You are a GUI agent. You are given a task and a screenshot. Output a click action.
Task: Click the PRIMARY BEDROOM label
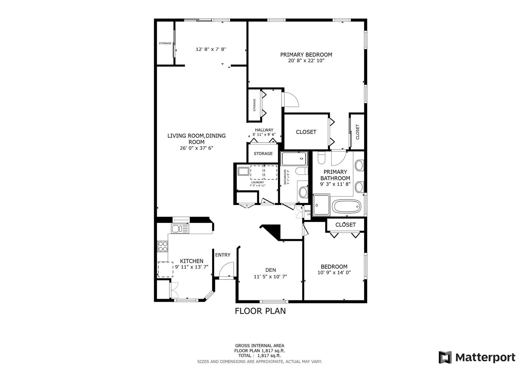coord(306,55)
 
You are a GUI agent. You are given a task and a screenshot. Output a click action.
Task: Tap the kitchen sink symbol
coord(180,229)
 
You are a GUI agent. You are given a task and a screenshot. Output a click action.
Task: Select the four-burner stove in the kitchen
coord(163,246)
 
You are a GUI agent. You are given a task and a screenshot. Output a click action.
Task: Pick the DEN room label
coord(270,270)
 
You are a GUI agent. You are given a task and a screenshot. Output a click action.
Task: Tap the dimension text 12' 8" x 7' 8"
coord(211,49)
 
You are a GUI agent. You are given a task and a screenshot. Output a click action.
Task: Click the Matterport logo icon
coord(445,357)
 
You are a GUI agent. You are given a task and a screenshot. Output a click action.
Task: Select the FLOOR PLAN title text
coord(260,311)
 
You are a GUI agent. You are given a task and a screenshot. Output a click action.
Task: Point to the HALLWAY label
coord(264,130)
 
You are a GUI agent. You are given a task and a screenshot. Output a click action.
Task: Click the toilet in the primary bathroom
coord(321,158)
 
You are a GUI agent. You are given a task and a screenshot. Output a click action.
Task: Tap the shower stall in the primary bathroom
coord(321,205)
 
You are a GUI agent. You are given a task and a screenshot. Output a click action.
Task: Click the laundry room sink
coord(243,171)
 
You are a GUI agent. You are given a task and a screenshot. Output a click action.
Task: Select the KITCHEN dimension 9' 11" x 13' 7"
coord(192,267)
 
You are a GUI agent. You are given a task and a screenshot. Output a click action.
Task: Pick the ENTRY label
coord(223,255)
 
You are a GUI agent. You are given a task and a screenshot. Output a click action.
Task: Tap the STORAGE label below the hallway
coord(263,154)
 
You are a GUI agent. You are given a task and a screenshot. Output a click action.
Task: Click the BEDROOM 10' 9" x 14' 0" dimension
coord(334,273)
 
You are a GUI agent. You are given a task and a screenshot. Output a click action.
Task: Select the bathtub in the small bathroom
coord(294,159)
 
